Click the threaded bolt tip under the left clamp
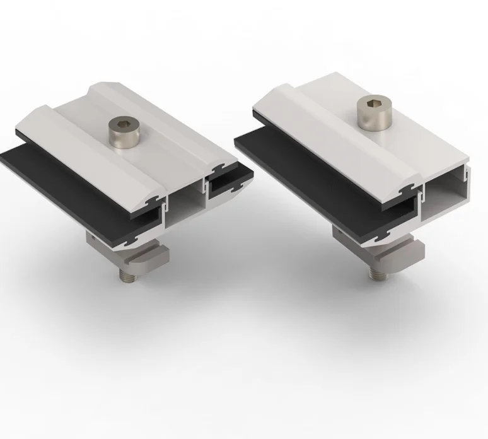pos(127,276)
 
